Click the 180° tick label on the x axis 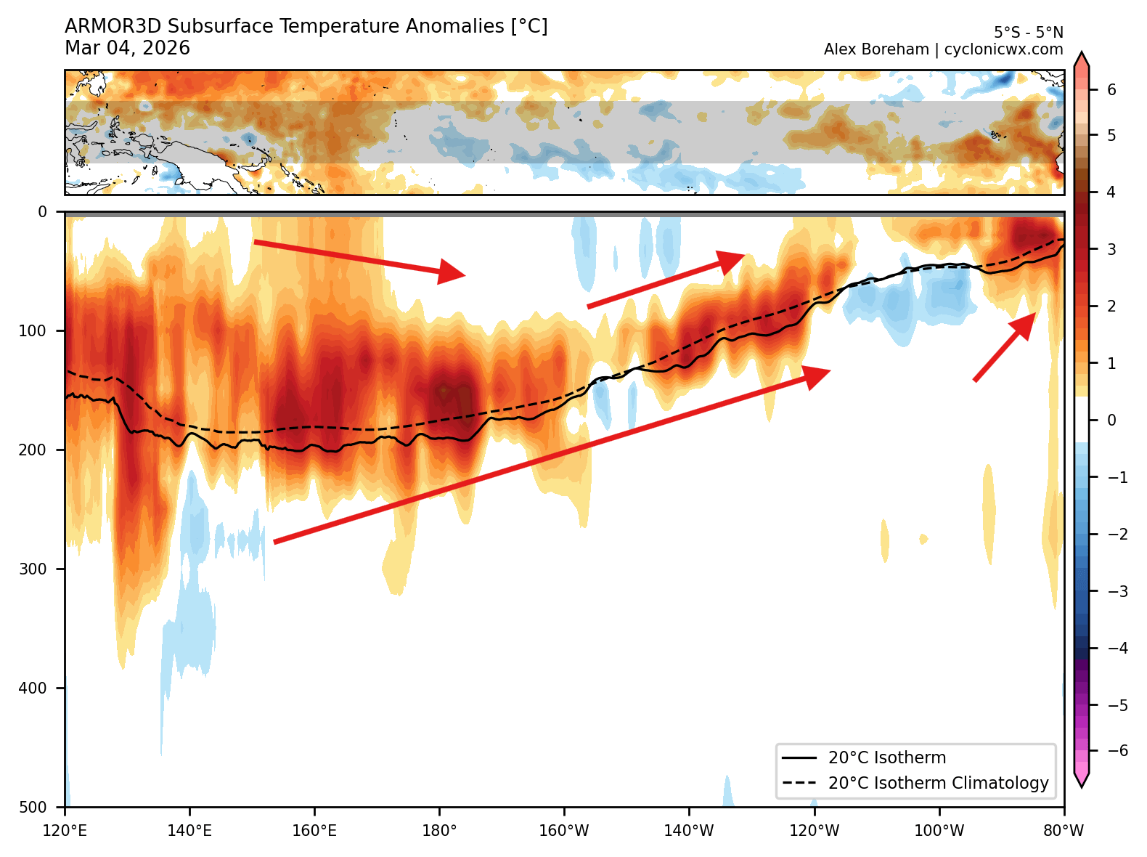point(439,830)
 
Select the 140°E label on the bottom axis point(189,830)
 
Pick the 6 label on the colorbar point(1111,90)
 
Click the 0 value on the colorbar point(1111,420)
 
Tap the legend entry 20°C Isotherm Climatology point(938,783)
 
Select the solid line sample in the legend point(799,758)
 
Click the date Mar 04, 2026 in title point(127,49)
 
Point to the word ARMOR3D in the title point(113,27)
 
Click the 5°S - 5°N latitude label point(1028,33)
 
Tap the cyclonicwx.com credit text point(1003,49)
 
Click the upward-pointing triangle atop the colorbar point(1081,60)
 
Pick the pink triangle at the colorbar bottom point(1081,779)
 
